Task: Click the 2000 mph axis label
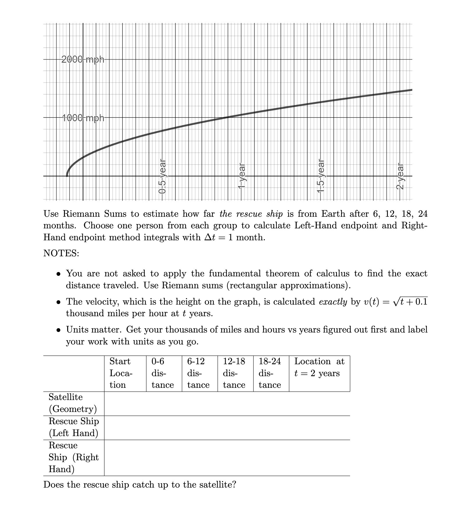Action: point(83,59)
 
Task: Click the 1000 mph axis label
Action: point(83,118)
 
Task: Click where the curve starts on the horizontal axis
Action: point(67,176)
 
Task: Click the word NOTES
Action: point(61,253)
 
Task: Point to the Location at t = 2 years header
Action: point(319,367)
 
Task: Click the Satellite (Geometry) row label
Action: point(73,403)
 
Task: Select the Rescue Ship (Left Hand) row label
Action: point(74,427)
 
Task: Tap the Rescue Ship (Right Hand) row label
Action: point(74,457)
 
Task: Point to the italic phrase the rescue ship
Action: point(251,214)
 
